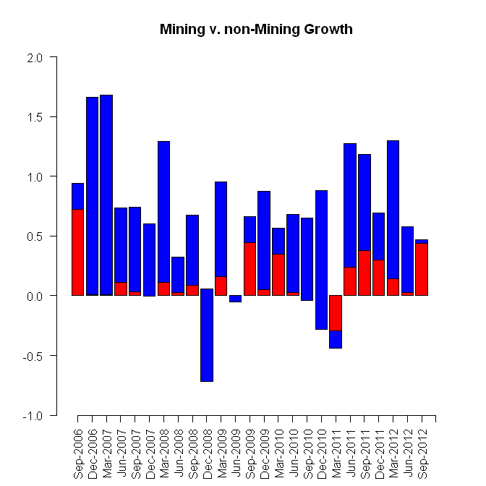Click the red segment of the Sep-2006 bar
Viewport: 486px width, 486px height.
[x=78, y=252]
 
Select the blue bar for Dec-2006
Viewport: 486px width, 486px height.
[x=92, y=196]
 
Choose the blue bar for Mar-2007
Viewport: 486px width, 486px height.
[x=106, y=195]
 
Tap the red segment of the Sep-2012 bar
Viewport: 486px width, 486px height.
[x=422, y=269]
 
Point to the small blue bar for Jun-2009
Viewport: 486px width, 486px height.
[x=235, y=299]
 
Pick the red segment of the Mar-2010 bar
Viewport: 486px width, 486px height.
[x=278, y=275]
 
